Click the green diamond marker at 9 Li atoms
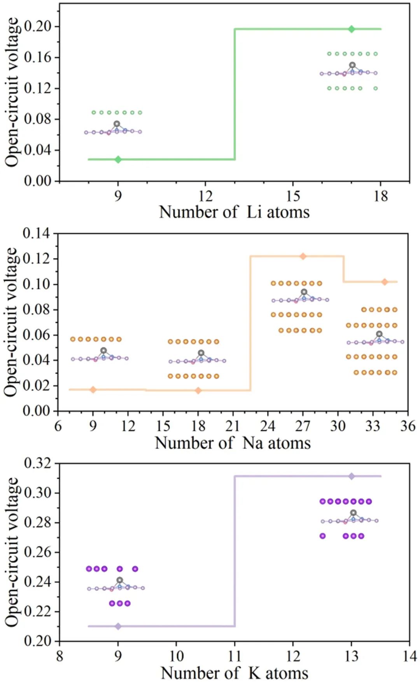(x=118, y=159)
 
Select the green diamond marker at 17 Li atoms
(x=352, y=29)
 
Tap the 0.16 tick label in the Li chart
(x=37, y=57)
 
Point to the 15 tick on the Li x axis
(x=293, y=196)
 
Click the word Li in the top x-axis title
(x=254, y=212)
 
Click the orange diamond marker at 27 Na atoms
(x=303, y=256)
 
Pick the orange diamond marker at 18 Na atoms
(x=198, y=390)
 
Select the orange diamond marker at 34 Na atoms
(x=385, y=282)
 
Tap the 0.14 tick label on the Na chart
(x=37, y=233)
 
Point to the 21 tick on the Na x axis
(x=233, y=426)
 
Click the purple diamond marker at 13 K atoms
(x=352, y=476)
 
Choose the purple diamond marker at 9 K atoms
(x=118, y=626)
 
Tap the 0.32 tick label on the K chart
(x=37, y=463)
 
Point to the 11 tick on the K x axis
(x=234, y=656)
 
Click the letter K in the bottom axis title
(x=255, y=673)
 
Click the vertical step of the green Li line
(x=234, y=93)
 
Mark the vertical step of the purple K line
(x=234, y=552)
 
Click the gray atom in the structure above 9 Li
(x=117, y=124)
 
